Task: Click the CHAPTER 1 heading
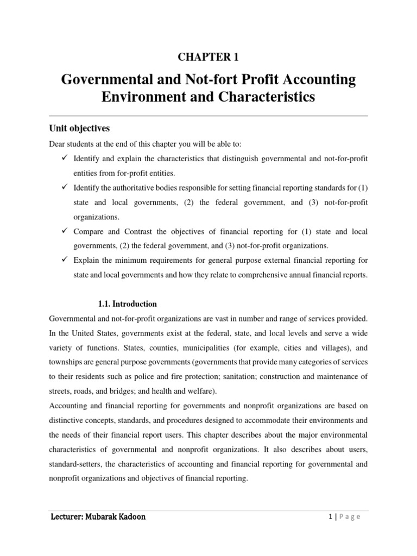tap(208, 57)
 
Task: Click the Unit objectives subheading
tap(79, 128)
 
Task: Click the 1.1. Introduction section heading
tap(128, 304)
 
